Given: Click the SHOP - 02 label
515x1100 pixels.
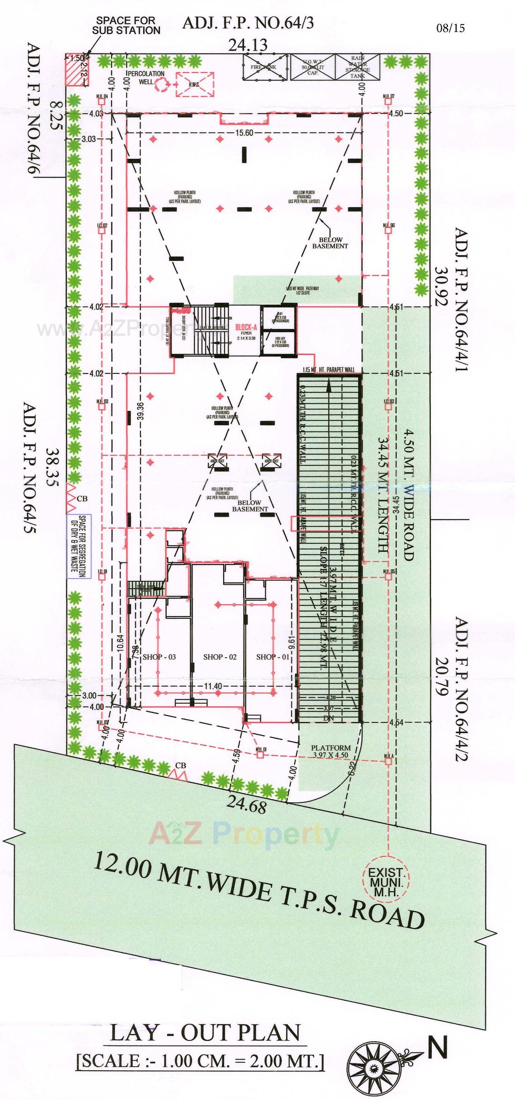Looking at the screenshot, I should pos(220,657).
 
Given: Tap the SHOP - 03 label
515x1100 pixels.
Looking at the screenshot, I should pos(159,657).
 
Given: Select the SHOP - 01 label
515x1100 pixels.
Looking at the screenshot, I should pos(273,657).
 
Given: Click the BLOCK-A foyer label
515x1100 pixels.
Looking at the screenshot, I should pos(245,330).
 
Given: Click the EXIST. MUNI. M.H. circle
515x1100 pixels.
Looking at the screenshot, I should pos(386,881).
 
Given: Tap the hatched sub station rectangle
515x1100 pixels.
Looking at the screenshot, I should pos(75,69).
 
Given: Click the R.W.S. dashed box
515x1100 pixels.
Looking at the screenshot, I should pos(194,84).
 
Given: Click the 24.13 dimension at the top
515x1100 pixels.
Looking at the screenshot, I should pos(248,45).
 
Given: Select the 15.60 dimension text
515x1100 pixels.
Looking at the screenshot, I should pos(244,133).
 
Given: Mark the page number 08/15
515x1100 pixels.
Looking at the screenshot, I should pos(450,28).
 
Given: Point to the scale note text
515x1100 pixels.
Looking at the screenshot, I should pos(200,1061).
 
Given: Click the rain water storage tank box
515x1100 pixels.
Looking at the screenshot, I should pos(357,67).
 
